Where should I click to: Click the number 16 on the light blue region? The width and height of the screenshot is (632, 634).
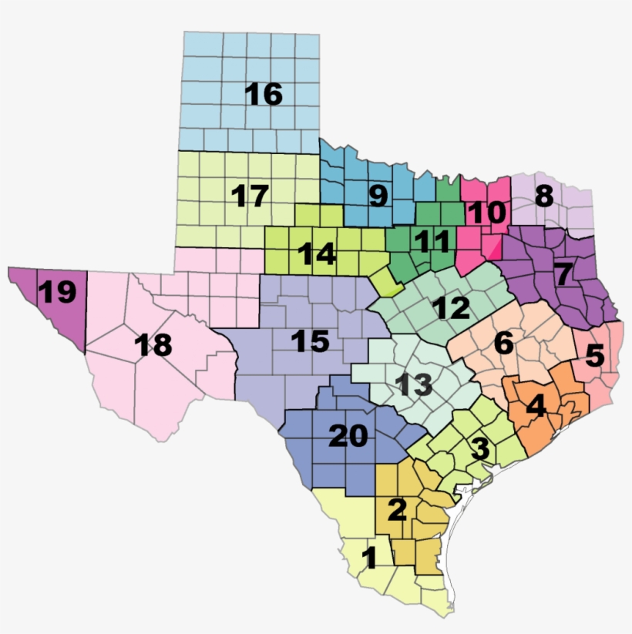[264, 95]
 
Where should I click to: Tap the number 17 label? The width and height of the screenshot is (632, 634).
[250, 196]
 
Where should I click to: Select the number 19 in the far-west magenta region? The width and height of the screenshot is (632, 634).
[57, 293]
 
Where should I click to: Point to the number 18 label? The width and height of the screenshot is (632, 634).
[152, 346]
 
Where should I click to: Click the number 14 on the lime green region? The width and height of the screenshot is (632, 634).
[317, 253]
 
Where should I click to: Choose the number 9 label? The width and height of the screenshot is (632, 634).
[378, 196]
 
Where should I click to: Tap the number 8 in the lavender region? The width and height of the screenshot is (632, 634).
[544, 196]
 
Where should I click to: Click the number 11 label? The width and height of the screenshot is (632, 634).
[431, 242]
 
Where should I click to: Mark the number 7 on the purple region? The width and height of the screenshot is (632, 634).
[563, 273]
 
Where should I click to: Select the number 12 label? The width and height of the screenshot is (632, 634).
[451, 309]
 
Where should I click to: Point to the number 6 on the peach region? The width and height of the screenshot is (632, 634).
[503, 344]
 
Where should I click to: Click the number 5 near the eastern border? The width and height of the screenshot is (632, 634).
[595, 356]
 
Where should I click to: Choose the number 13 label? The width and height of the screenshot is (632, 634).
[414, 384]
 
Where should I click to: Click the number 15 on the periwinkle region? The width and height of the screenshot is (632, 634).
[310, 341]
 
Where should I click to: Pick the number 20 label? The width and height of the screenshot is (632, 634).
[348, 437]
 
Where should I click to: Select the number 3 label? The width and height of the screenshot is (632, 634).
[479, 448]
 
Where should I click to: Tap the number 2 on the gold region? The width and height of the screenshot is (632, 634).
[398, 509]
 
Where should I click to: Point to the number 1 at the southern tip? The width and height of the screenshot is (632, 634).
[369, 558]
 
